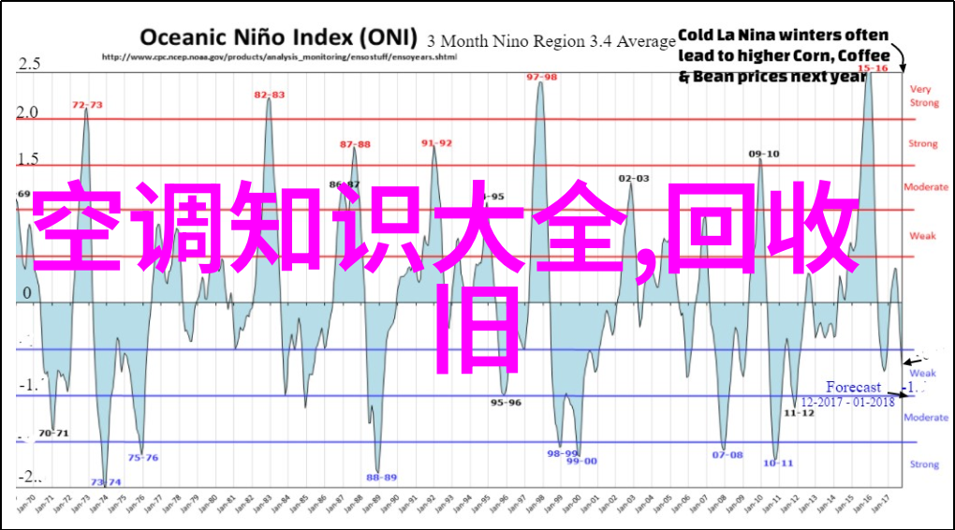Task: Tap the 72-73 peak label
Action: tap(88, 105)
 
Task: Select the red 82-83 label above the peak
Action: tap(270, 95)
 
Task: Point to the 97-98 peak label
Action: tap(541, 77)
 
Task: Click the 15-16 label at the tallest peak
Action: tap(874, 68)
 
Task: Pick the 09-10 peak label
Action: tap(764, 154)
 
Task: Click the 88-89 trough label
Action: tap(381, 477)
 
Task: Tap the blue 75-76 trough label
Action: tap(143, 458)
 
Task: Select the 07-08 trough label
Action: tap(727, 455)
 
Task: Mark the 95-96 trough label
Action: tap(507, 402)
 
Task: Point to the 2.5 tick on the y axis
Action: tap(29, 64)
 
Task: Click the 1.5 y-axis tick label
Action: tap(29, 159)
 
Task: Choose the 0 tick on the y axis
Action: tap(27, 293)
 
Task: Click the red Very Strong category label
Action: tap(923, 96)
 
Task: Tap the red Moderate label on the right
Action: tap(925, 187)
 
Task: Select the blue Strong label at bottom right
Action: tap(924, 464)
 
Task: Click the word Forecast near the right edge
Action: tap(853, 387)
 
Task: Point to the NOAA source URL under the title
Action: tap(279, 56)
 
